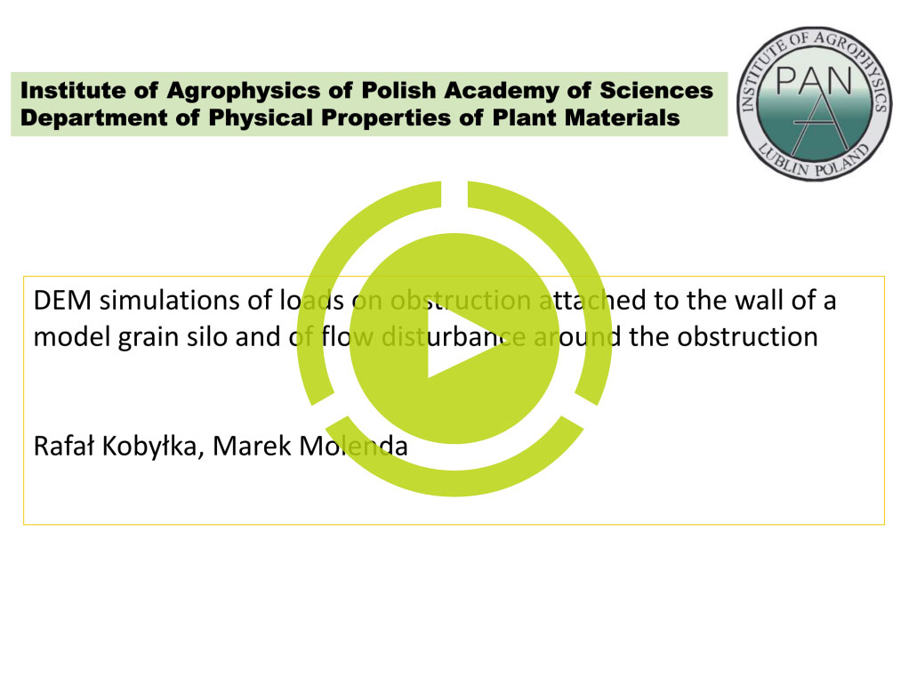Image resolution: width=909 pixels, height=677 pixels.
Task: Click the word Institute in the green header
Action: click(x=73, y=91)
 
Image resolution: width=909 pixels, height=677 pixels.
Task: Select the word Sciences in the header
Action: click(x=656, y=91)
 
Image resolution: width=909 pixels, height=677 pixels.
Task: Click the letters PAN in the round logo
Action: click(x=814, y=81)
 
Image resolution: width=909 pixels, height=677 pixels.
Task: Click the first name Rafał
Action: click(x=64, y=447)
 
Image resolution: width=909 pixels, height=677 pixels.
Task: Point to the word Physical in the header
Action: click(x=261, y=118)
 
